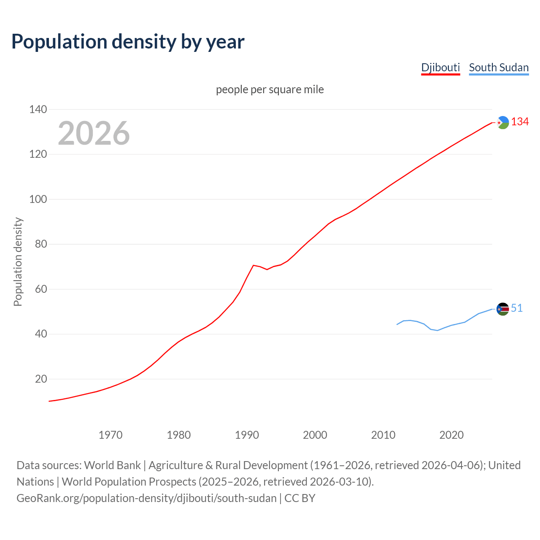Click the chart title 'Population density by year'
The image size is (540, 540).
click(x=128, y=41)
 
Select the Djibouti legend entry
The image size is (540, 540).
click(x=440, y=67)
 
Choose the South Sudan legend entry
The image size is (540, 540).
click(x=499, y=67)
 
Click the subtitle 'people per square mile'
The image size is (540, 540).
click(x=270, y=89)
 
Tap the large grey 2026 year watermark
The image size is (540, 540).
click(x=94, y=133)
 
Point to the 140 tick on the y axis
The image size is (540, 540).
click(x=38, y=109)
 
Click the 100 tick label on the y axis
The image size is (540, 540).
click(x=38, y=199)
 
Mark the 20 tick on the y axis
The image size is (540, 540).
click(x=41, y=379)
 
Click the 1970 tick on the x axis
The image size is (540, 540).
click(x=111, y=435)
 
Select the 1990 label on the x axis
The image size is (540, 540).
click(x=247, y=435)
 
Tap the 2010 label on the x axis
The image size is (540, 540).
click(x=383, y=435)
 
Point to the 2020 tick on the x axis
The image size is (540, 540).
click(x=451, y=435)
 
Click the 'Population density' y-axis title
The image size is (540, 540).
click(x=18, y=262)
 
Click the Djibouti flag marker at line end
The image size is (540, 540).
click(x=502, y=122)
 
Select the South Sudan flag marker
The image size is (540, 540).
click(x=502, y=309)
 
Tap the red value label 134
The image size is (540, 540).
click(x=520, y=122)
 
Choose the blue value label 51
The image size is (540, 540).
click(x=517, y=308)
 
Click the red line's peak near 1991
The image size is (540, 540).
click(x=253, y=265)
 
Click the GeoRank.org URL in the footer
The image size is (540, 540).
click(x=146, y=498)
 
